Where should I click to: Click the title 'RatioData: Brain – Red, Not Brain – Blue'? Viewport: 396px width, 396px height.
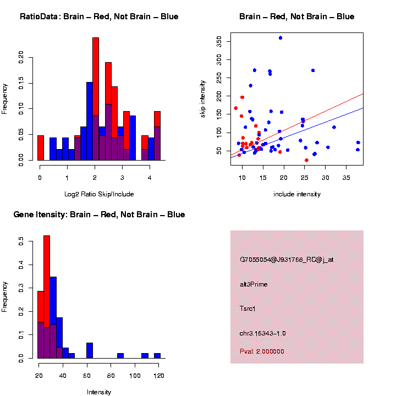point(99,16)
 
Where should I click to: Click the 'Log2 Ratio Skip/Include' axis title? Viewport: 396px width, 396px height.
point(98,194)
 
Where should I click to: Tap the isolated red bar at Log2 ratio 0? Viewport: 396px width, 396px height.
point(40,147)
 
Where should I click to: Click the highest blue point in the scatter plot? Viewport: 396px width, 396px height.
point(280,37)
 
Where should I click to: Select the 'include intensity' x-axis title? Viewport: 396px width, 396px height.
point(296,194)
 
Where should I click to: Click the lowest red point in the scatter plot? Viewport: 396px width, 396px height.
point(306,160)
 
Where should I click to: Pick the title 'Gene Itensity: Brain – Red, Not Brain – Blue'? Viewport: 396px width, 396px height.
point(99,215)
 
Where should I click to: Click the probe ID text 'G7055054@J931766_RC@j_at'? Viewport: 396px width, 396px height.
point(287,260)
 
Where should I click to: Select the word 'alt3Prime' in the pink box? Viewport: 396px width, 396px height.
point(254,284)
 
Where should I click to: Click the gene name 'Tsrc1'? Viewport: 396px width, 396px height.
point(248,309)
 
